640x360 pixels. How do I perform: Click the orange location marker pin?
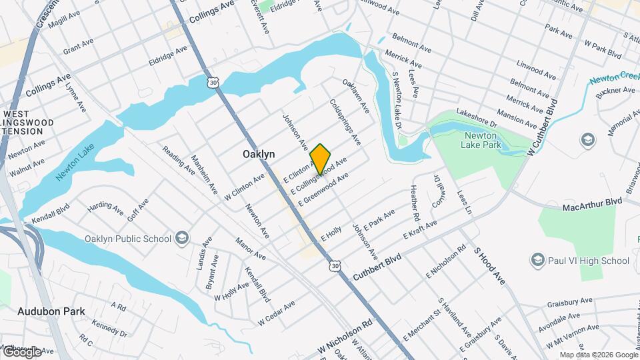pos(321,159)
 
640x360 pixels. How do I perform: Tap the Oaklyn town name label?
pos(258,154)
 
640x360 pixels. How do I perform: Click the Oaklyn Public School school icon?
pos(181,239)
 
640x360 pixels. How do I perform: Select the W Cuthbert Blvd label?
pos(541,128)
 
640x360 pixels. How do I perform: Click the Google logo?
pos(22,351)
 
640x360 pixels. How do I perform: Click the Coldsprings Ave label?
pos(345,123)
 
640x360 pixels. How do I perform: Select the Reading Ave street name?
pos(177,161)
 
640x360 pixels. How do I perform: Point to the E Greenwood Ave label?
pos(323,189)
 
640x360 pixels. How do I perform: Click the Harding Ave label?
pos(105,211)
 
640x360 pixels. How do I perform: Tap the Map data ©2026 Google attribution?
pos(599,355)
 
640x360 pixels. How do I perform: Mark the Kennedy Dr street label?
pos(110,329)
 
